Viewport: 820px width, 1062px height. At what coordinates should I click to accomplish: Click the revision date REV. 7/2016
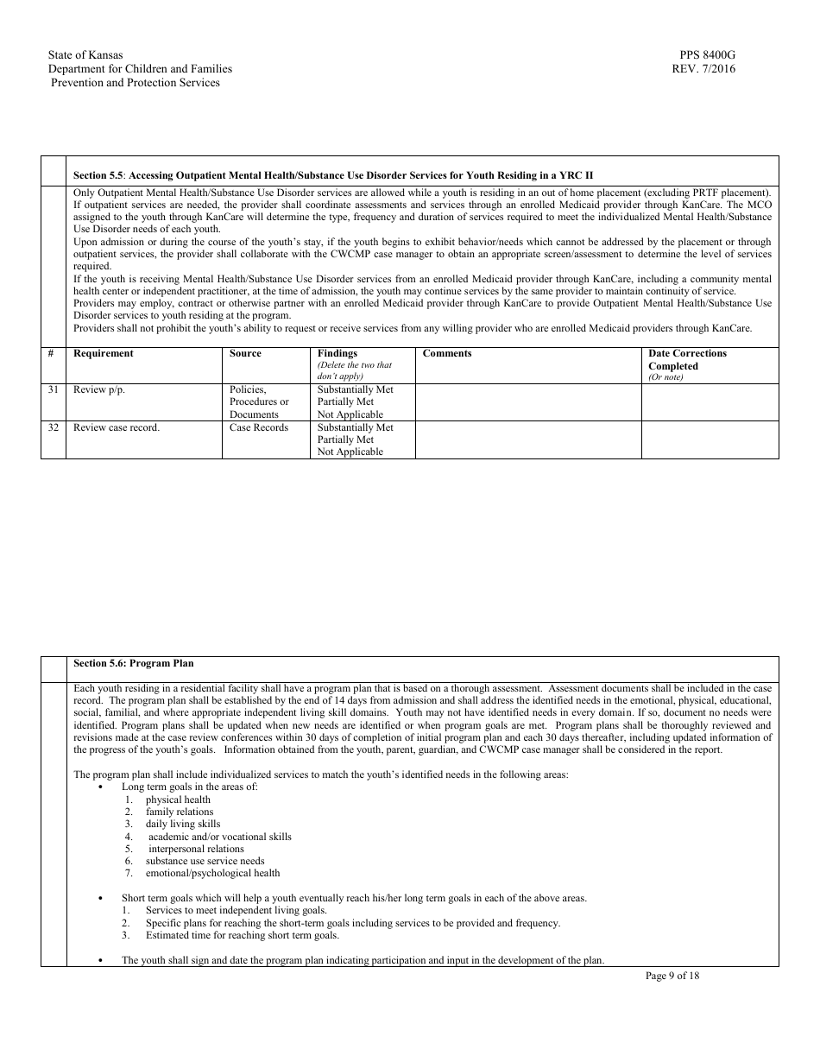point(703,69)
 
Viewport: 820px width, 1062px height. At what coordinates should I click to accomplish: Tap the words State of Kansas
point(85,55)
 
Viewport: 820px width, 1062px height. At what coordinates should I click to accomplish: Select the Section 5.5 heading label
point(98,175)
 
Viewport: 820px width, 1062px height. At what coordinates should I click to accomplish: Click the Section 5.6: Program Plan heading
point(133,663)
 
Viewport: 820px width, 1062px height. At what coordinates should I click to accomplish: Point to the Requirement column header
point(104,353)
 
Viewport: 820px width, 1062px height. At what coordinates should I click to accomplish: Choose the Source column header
point(245,353)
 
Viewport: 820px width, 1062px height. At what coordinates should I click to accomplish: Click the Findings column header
point(337,353)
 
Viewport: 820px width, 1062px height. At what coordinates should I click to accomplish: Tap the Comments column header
point(447,353)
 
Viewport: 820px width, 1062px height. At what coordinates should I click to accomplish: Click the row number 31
point(54,389)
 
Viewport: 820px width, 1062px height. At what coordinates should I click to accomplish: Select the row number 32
point(54,427)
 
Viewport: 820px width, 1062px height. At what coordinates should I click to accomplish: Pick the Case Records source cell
point(259,427)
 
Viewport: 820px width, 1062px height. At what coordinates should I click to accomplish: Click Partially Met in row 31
point(345,401)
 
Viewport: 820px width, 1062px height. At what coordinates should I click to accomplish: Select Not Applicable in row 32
point(350,452)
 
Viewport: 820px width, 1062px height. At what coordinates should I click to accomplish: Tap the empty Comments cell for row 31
point(528,401)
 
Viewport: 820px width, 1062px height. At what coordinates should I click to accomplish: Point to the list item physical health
point(178,800)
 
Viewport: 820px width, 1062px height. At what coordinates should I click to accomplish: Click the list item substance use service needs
point(205,861)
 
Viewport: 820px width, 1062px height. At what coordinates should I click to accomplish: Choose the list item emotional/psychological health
point(212,873)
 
